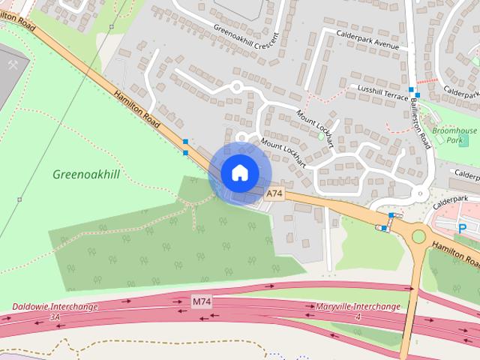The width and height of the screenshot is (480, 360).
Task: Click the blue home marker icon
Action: click(239, 172)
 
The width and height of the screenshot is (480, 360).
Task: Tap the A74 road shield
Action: click(274, 193)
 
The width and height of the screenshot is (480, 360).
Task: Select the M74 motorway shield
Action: click(201, 301)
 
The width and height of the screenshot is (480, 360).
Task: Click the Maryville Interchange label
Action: click(358, 307)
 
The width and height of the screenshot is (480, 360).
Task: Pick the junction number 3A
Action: click(54, 317)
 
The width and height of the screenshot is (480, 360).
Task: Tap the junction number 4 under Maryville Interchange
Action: click(358, 317)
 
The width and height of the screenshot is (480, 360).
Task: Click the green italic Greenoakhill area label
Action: click(86, 174)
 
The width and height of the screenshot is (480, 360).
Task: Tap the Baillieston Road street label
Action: click(424, 125)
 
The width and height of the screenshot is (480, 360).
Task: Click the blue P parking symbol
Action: click(463, 228)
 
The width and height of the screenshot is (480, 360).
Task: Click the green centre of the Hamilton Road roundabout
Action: click(418, 237)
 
